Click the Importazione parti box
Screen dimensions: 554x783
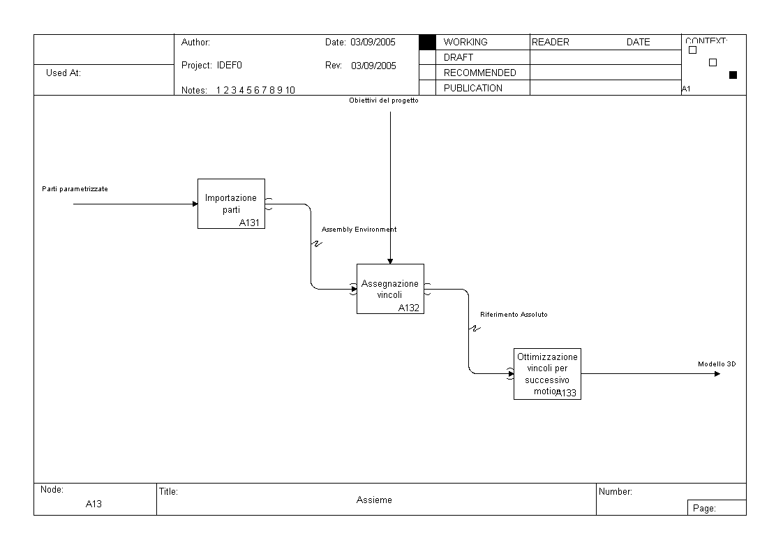click(x=231, y=203)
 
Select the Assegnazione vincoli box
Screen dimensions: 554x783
click(x=390, y=289)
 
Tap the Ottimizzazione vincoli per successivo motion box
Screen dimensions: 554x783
click(x=547, y=373)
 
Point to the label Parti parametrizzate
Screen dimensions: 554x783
click(x=75, y=189)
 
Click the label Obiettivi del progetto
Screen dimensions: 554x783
click(x=384, y=100)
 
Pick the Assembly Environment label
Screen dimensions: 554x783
click(x=359, y=229)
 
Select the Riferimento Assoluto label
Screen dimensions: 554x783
click(x=514, y=315)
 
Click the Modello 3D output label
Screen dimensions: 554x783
click(x=717, y=364)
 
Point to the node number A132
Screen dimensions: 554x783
click(x=410, y=308)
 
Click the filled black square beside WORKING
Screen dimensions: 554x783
click(x=427, y=43)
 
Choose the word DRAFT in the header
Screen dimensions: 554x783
click(x=458, y=57)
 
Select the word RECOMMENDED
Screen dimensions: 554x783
click(x=480, y=73)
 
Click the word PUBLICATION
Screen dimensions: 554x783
click(x=473, y=88)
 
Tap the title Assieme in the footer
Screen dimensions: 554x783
click(x=374, y=500)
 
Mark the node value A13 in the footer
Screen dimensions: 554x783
click(x=94, y=504)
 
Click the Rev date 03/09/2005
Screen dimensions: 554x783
click(x=373, y=66)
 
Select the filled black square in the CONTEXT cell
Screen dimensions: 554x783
click(x=733, y=75)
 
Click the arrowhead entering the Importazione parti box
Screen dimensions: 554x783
click(x=195, y=204)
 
